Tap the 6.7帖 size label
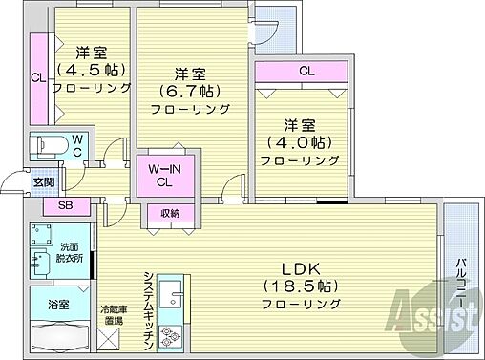pyautogui.click(x=190, y=91)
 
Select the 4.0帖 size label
pyautogui.click(x=300, y=143)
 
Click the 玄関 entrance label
pyautogui.click(x=44, y=181)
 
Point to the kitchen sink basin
pyautogui.click(x=172, y=292)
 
